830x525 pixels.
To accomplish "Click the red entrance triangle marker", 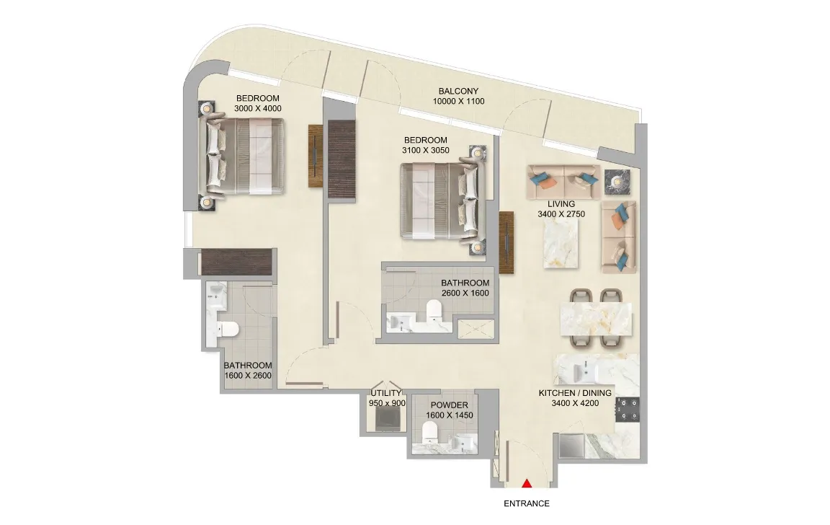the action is point(527,483).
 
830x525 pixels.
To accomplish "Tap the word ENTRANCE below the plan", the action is point(526,504).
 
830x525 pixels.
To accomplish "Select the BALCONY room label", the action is point(458,91).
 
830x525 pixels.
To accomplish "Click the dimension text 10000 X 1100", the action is point(458,101).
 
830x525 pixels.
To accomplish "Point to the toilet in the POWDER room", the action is point(430,432).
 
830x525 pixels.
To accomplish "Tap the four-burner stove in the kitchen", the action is point(628,410).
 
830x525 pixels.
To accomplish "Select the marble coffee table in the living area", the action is point(560,244).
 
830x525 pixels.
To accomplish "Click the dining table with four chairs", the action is point(596,319).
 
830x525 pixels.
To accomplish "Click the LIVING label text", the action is point(561,204).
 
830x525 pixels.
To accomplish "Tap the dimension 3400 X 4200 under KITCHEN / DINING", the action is point(575,403).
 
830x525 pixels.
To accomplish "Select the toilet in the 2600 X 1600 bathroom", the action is point(433,310).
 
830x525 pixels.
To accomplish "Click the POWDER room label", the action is point(450,405).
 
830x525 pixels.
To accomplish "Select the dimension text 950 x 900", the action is point(387,403).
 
